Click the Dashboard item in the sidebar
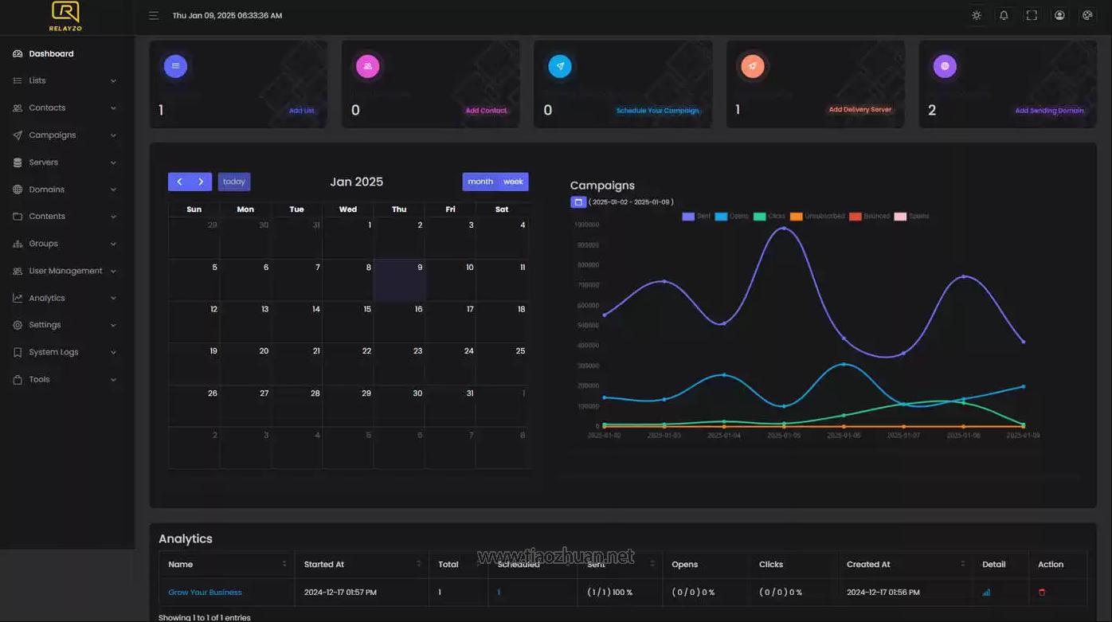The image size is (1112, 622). point(51,54)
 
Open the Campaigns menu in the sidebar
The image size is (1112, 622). point(53,135)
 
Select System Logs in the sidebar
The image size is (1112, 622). point(53,352)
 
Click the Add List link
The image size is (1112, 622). point(301,111)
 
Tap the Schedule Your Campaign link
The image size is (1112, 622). point(657,111)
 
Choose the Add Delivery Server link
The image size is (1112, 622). point(859,110)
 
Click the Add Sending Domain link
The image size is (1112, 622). point(1049,111)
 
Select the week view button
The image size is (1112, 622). point(513,182)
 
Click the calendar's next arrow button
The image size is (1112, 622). point(201,182)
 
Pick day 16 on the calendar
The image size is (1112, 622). point(418,309)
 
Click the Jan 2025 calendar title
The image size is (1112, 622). point(356,182)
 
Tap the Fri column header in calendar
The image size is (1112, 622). point(450,209)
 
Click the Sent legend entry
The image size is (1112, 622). point(696,217)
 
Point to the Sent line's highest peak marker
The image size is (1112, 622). point(784,229)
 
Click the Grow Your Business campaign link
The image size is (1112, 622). point(205,593)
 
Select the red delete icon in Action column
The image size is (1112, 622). point(1042,593)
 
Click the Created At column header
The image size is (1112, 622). point(868,565)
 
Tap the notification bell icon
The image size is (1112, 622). point(1004,15)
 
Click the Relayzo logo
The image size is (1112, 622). point(65,16)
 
